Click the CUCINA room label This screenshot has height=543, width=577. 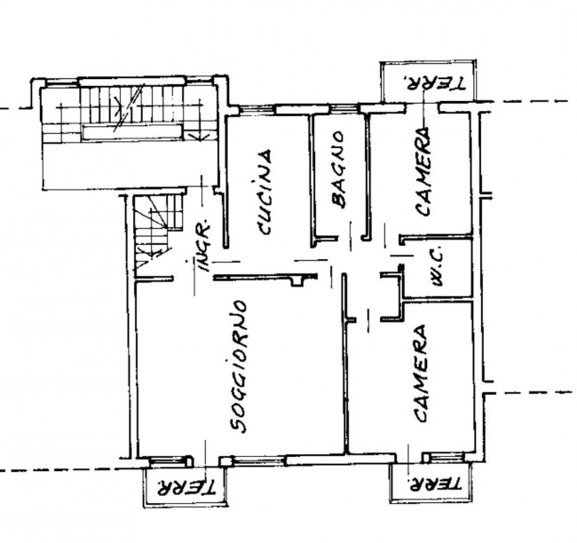click(265, 192)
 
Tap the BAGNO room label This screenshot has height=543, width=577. click(338, 169)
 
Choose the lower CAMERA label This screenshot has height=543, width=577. click(420, 373)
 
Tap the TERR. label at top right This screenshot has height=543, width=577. click(434, 83)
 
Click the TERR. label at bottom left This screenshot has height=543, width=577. click(186, 487)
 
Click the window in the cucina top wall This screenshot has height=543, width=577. click(257, 109)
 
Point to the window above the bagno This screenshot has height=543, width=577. click(344, 108)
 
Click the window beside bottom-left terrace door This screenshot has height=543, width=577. click(167, 460)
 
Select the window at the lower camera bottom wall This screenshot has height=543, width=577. click(447, 457)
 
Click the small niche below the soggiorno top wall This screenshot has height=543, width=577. click(297, 281)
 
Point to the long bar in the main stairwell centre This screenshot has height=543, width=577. click(131, 132)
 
